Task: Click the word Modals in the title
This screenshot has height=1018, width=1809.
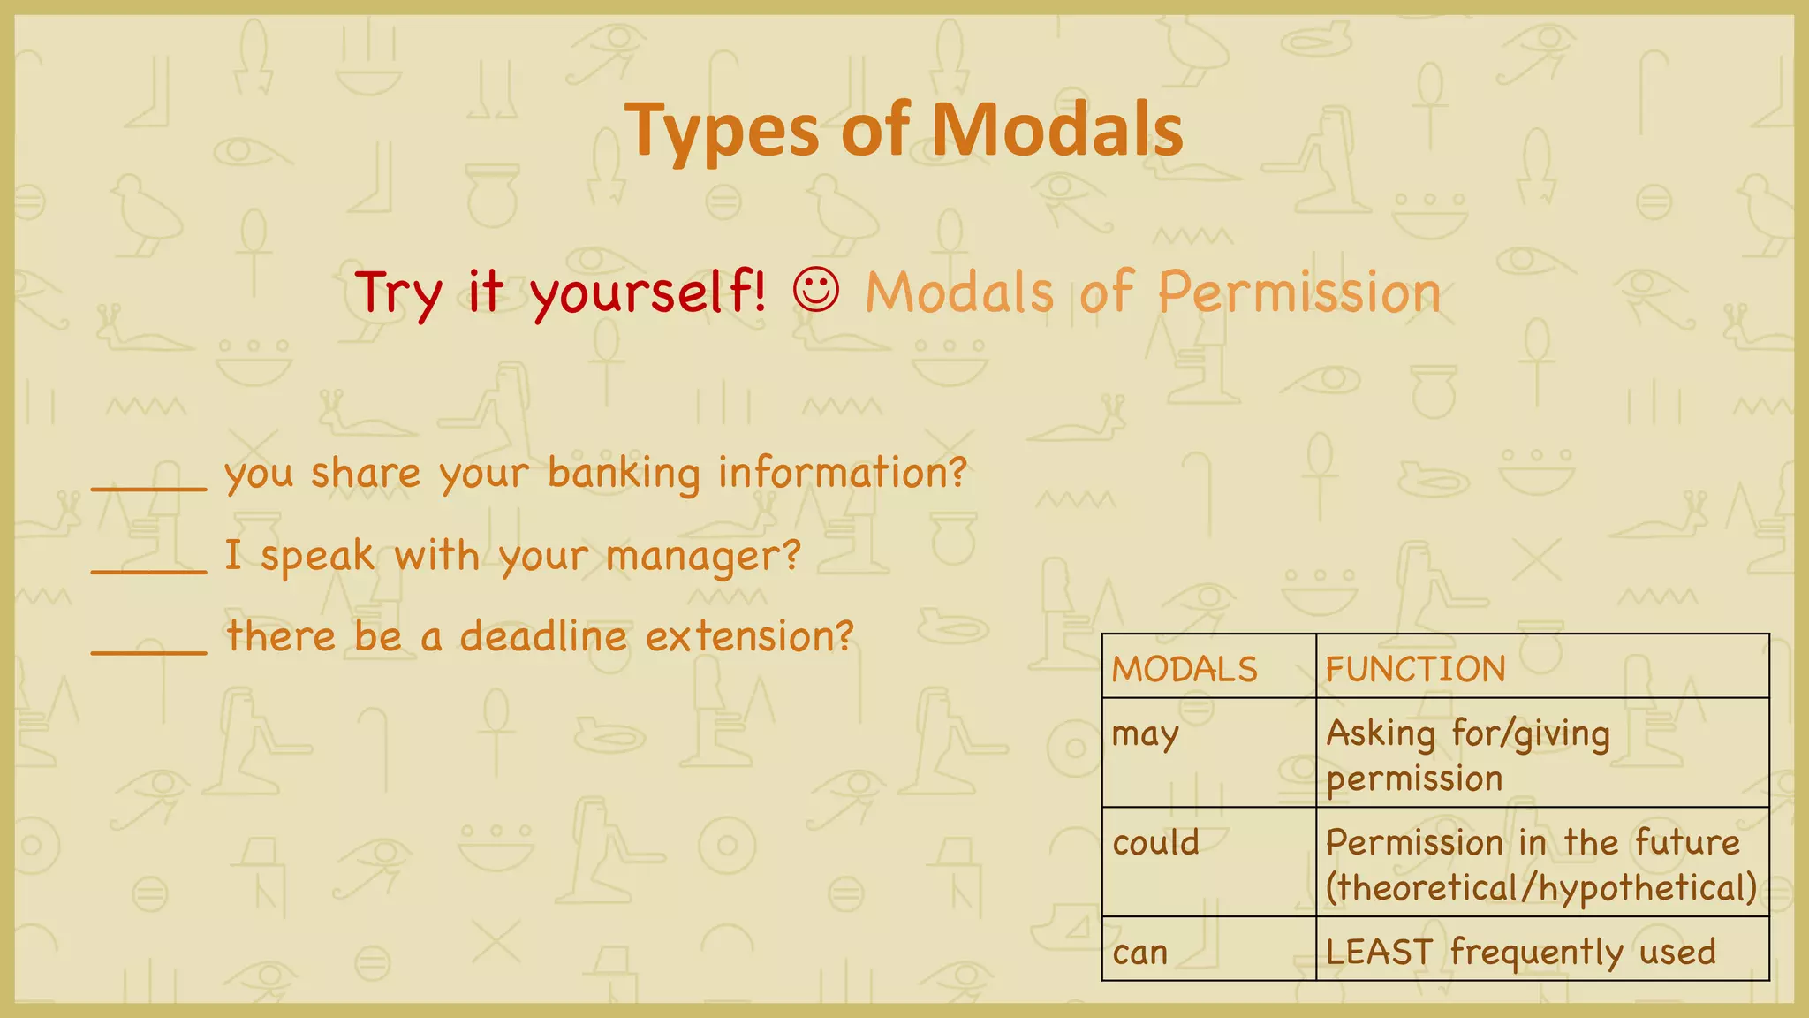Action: pos(1056,130)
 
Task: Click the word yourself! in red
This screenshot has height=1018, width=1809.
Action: pos(648,292)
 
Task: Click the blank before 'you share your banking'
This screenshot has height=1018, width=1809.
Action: pos(149,484)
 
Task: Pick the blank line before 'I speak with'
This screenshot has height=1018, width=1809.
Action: pos(149,567)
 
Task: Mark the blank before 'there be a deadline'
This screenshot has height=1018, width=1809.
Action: pos(149,649)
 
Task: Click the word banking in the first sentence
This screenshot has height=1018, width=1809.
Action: pos(624,474)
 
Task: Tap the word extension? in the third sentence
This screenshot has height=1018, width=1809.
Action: pos(750,636)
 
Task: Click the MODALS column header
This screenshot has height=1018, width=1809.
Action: pos(1184,669)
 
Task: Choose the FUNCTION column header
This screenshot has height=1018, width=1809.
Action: pos(1415,669)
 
